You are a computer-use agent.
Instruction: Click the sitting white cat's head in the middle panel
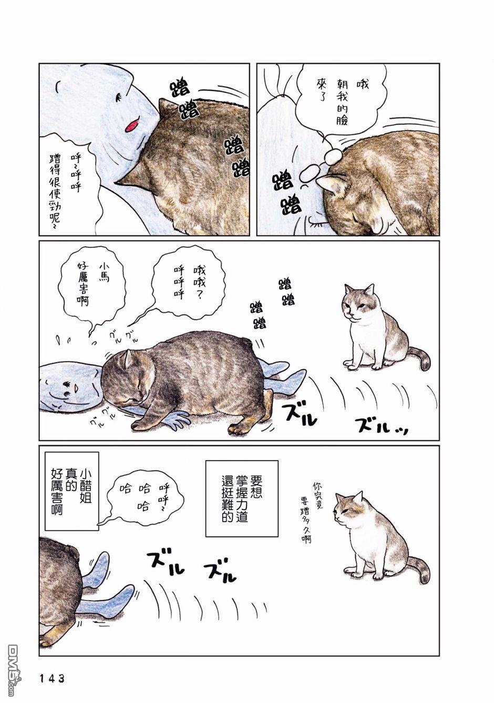coord(357,302)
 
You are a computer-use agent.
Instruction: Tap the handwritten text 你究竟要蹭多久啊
coord(310,506)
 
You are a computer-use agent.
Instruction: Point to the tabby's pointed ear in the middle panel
coord(128,358)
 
